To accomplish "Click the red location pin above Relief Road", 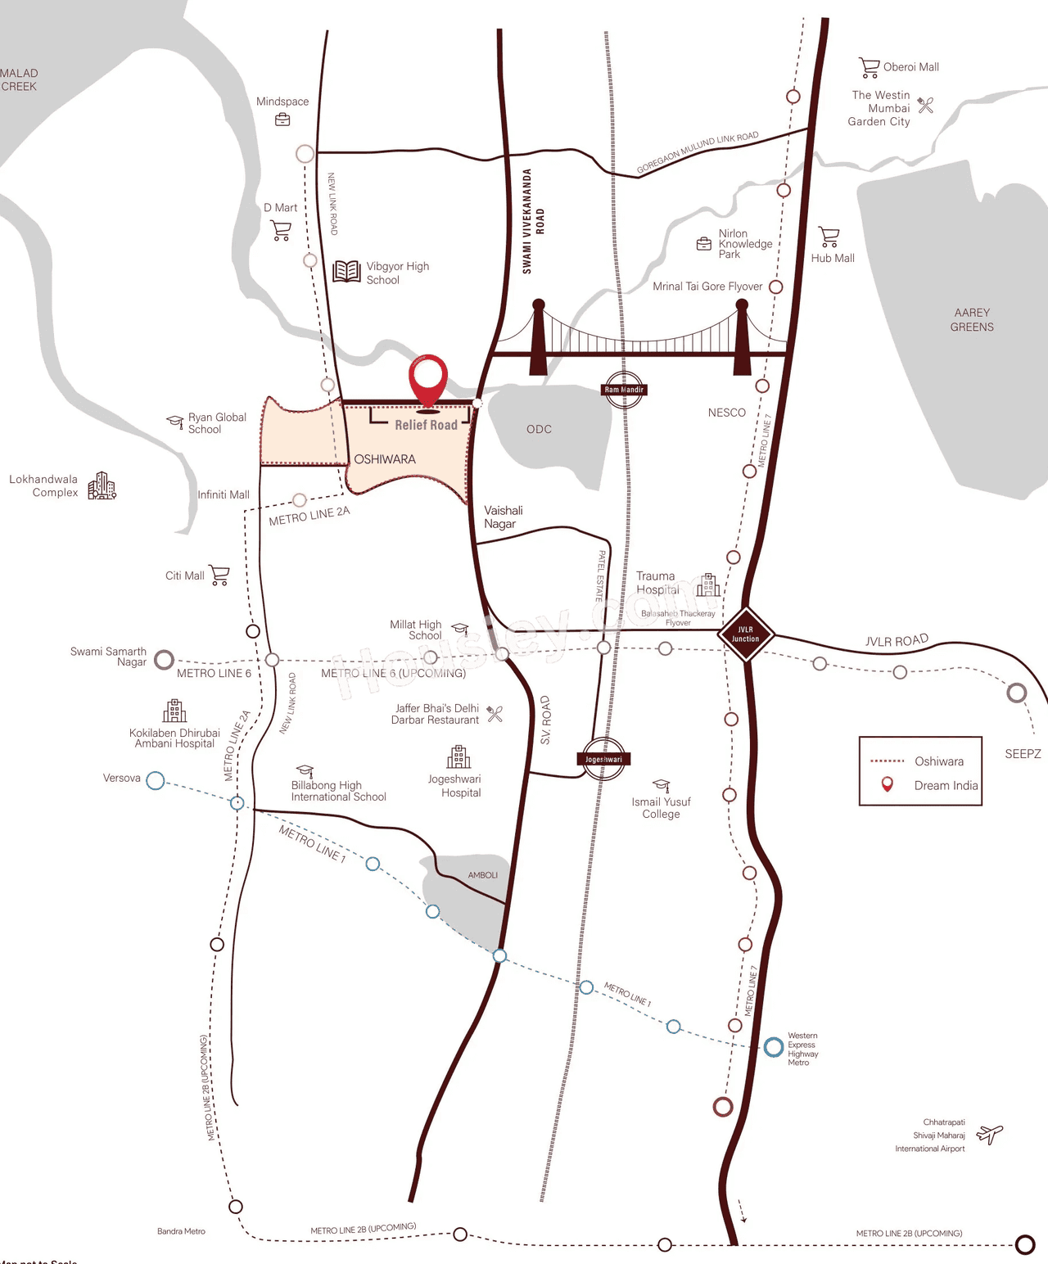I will tap(428, 378).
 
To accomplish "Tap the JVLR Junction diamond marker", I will tap(745, 634).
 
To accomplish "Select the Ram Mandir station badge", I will tap(624, 390).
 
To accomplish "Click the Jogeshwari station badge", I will tap(603, 759).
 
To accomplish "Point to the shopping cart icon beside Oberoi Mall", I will tap(869, 67).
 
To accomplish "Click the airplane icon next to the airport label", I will tap(990, 1135).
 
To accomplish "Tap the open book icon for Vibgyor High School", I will tap(347, 271).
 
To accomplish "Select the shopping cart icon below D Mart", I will tap(281, 230).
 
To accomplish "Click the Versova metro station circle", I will tap(156, 780).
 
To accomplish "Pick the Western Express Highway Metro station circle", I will tap(773, 1047).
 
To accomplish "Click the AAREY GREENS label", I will tap(972, 319).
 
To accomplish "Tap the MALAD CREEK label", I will tap(19, 79).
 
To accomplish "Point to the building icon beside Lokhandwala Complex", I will tap(102, 485).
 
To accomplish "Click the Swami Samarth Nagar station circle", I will tap(165, 659).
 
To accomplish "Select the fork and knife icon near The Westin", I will tap(926, 105).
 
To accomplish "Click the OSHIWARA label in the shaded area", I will tap(385, 459).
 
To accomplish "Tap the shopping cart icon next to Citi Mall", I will tap(219, 575).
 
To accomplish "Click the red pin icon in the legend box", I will tap(887, 784).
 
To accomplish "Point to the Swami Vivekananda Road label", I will tap(533, 221).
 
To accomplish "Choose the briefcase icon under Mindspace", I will tap(282, 120).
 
